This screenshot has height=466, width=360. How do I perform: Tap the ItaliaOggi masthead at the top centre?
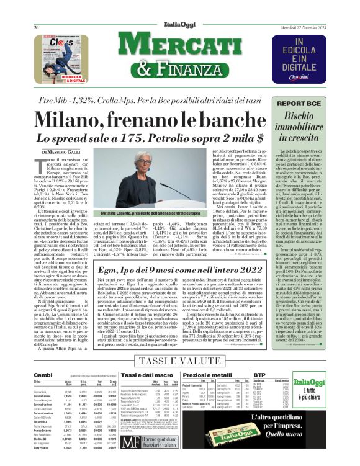click(x=180, y=9)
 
